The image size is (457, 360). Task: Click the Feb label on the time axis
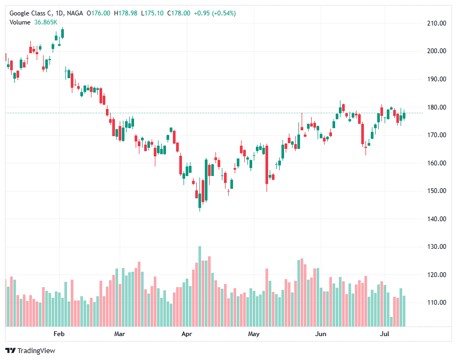tap(59, 334)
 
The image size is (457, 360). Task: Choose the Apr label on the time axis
tap(186, 334)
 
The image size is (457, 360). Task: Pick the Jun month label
tap(320, 334)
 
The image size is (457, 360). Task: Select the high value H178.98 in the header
tap(126, 13)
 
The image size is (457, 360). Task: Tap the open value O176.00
tap(99, 13)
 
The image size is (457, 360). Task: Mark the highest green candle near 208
tap(62, 34)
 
